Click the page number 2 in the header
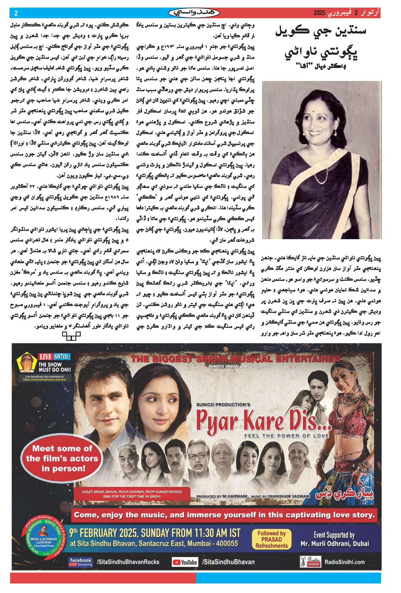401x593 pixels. [16, 13]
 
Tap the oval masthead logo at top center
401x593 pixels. [194, 13]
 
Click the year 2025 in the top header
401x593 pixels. [319, 13]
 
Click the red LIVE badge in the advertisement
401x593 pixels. [45, 357]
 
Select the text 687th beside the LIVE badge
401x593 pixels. [62, 357]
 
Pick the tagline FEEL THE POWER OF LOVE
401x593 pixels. [286, 436]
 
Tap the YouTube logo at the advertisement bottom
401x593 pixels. [185, 562]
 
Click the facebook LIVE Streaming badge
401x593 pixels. [81, 562]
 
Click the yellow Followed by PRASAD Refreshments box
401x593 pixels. [271, 540]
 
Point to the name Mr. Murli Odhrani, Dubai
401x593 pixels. [334, 544]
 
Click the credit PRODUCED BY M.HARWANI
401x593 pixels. [222, 496]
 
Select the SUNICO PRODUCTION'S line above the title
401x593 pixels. [223, 405]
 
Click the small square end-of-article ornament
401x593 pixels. [71, 336]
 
